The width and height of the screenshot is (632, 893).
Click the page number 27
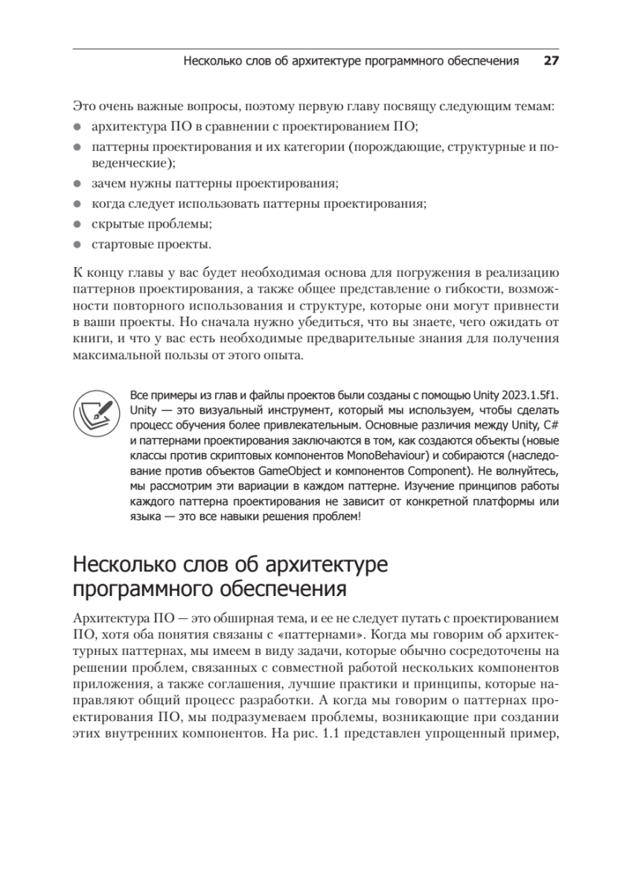(x=550, y=61)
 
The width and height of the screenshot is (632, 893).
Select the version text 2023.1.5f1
(x=520, y=394)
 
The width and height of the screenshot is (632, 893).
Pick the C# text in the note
(x=550, y=425)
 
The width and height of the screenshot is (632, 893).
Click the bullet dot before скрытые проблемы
(x=77, y=223)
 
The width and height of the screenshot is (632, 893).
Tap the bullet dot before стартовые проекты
(x=77, y=244)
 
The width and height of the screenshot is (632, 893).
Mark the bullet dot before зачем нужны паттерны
(x=77, y=182)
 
